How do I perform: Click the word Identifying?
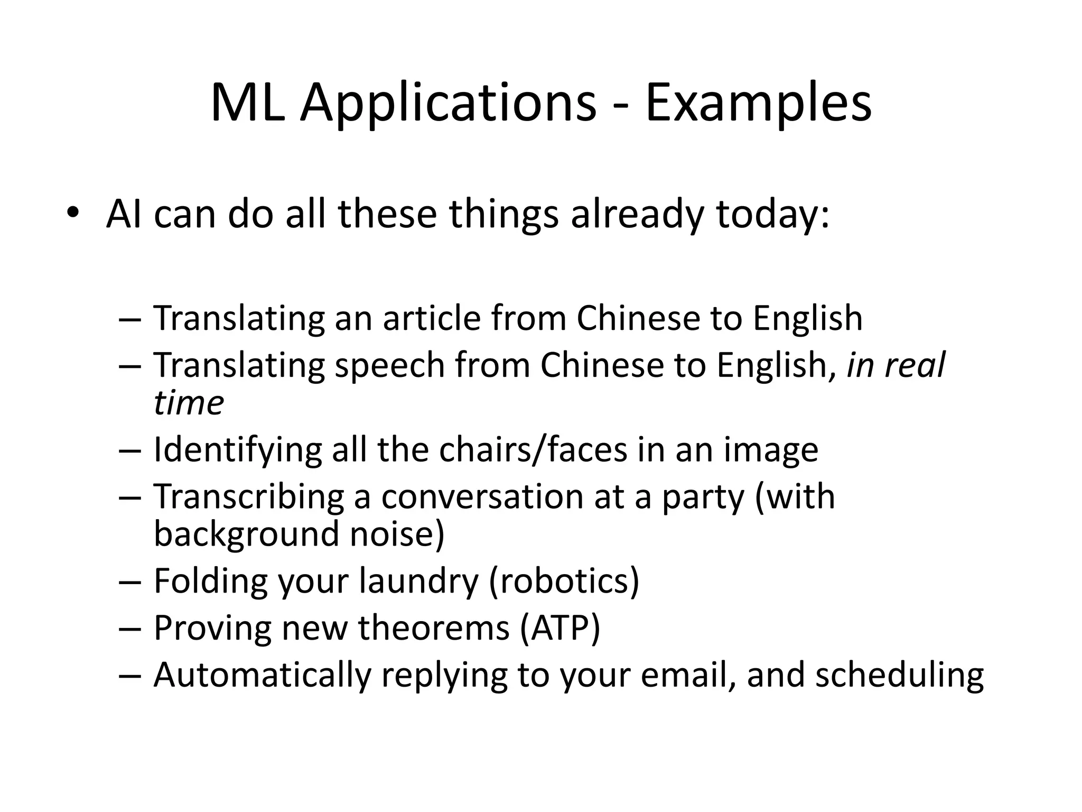(x=237, y=450)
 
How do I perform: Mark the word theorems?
(x=434, y=628)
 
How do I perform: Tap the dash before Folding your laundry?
(x=130, y=582)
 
